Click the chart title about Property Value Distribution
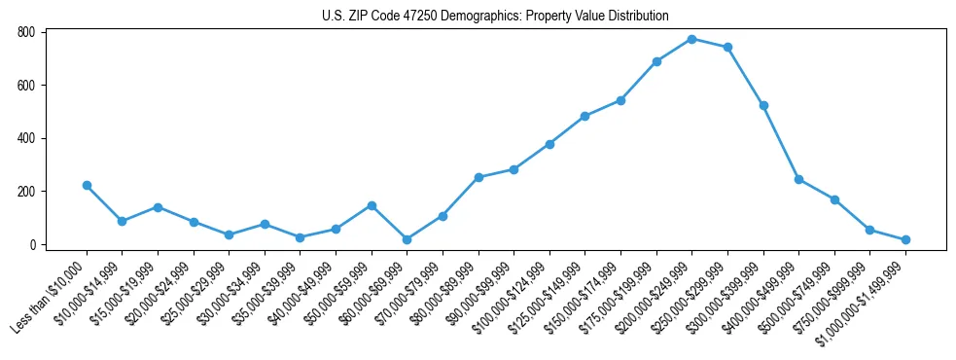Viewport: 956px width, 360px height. tap(495, 16)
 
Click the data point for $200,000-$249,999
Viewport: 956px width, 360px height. tap(691, 39)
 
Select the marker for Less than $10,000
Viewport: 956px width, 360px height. tap(87, 185)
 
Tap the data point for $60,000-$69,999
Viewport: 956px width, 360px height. tap(407, 239)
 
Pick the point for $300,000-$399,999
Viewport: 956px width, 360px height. tap(763, 105)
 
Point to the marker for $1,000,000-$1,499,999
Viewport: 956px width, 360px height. tap(905, 239)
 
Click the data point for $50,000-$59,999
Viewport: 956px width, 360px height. tap(372, 205)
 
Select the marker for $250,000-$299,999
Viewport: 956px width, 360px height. tap(727, 47)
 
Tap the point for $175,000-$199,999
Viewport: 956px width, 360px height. tap(656, 61)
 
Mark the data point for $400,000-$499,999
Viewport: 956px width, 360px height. tap(798, 179)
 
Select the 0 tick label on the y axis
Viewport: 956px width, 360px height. tap(32, 244)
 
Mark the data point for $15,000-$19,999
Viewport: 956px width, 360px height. tap(158, 207)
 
